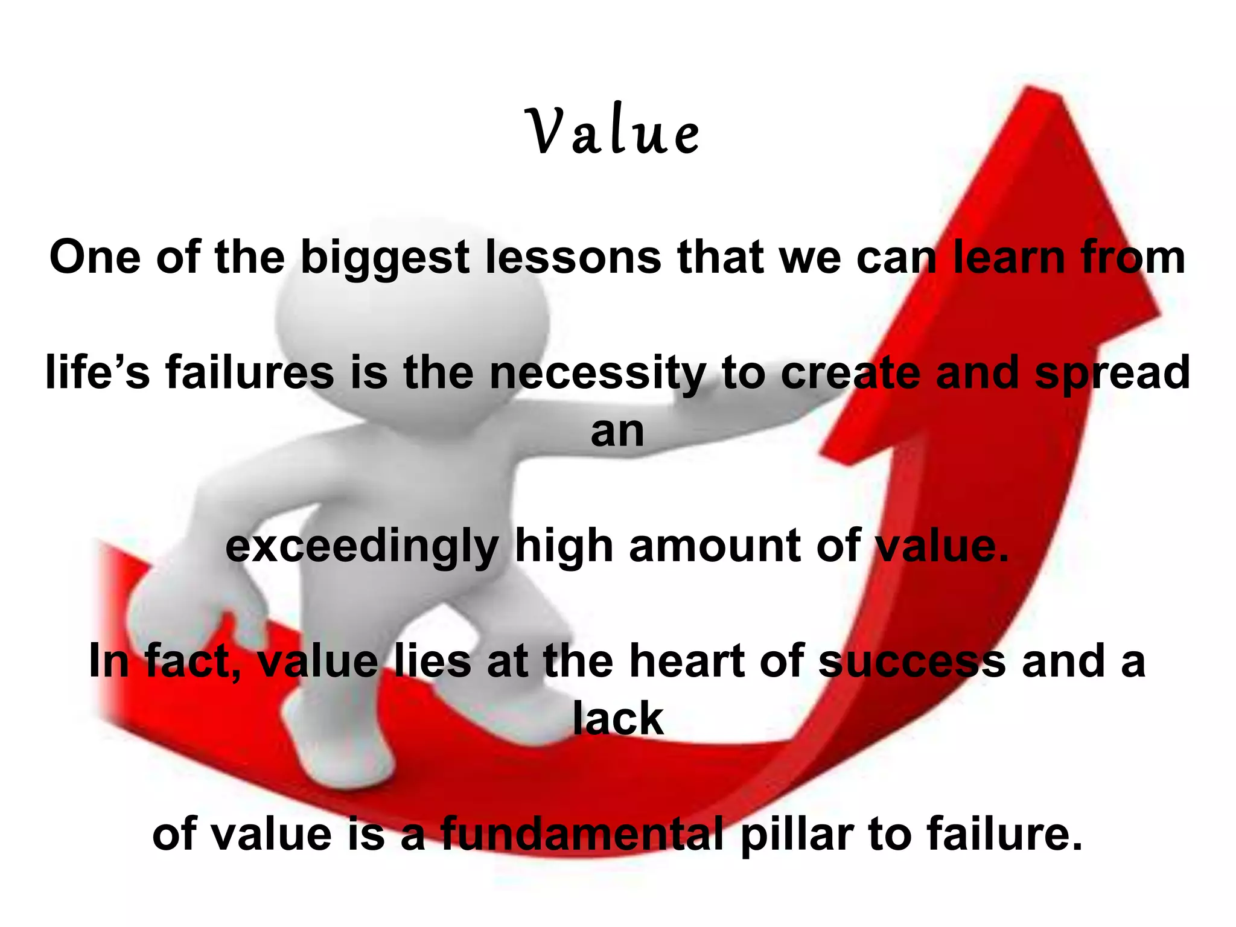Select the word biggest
pyautogui.click(x=384, y=258)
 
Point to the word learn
pyautogui.click(x=1008, y=258)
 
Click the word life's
pyautogui.click(x=98, y=372)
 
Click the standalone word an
pyautogui.click(x=617, y=432)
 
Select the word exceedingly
pyautogui.click(x=362, y=547)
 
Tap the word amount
pyautogui.click(x=715, y=546)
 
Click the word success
pyautogui.click(x=912, y=661)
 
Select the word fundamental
pyautogui.click(x=582, y=834)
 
